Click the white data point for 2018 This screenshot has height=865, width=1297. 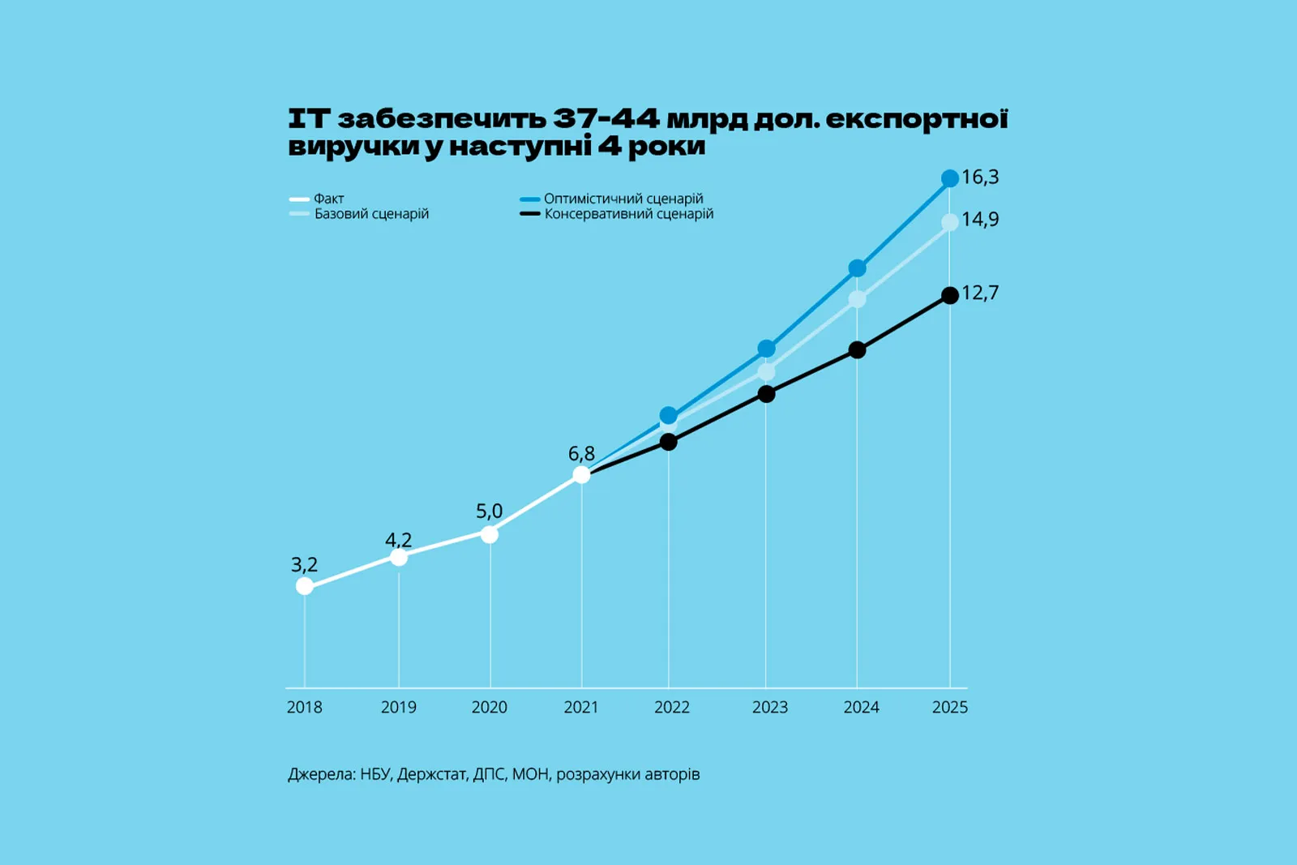coord(305,586)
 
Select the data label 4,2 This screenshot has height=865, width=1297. coord(398,540)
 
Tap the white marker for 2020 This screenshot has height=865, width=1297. coord(490,534)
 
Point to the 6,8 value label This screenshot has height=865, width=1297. coord(581,454)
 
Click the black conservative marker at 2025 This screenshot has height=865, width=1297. coord(950,295)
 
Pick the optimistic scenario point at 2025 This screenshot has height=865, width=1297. coord(950,178)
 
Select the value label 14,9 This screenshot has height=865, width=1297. coord(980,220)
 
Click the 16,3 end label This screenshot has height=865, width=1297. coord(980,177)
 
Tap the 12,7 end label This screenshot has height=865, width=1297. coord(980,293)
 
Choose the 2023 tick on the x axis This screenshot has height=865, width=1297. coord(769,708)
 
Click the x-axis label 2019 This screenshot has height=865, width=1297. coord(399,708)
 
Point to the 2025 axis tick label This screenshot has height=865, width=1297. coord(950,708)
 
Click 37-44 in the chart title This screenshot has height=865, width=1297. coord(606,119)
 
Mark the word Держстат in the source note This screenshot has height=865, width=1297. coord(432,774)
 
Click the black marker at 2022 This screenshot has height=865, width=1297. coord(669,442)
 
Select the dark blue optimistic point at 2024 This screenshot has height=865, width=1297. coord(857,268)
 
